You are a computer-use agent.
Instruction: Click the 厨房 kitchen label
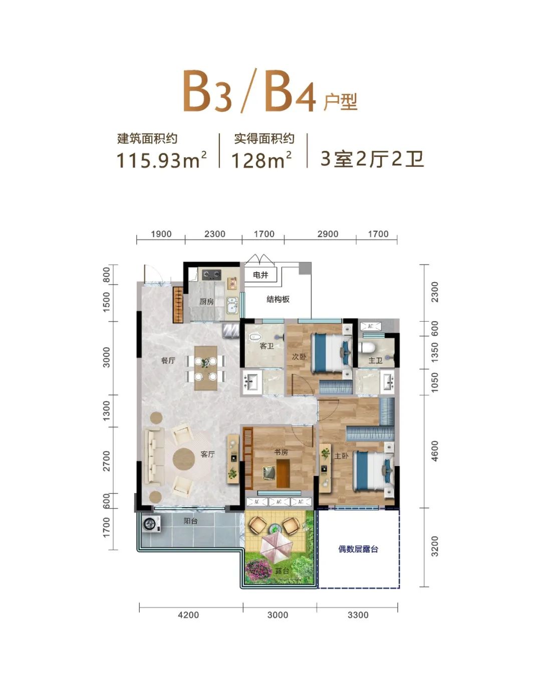coord(206,301)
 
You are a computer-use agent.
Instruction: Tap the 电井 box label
coord(260,275)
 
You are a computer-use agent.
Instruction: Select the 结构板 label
coord(278,299)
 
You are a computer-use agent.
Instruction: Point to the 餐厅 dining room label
coord(168,360)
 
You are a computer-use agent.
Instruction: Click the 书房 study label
coord(281,451)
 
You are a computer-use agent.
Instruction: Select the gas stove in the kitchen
coord(211,274)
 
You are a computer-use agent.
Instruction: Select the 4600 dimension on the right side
coord(435,451)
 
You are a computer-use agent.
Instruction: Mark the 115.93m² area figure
coord(162,160)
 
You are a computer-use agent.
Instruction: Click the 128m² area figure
coord(261,160)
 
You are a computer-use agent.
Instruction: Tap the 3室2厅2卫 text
coord(372,159)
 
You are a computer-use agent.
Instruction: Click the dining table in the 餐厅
coord(206,368)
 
